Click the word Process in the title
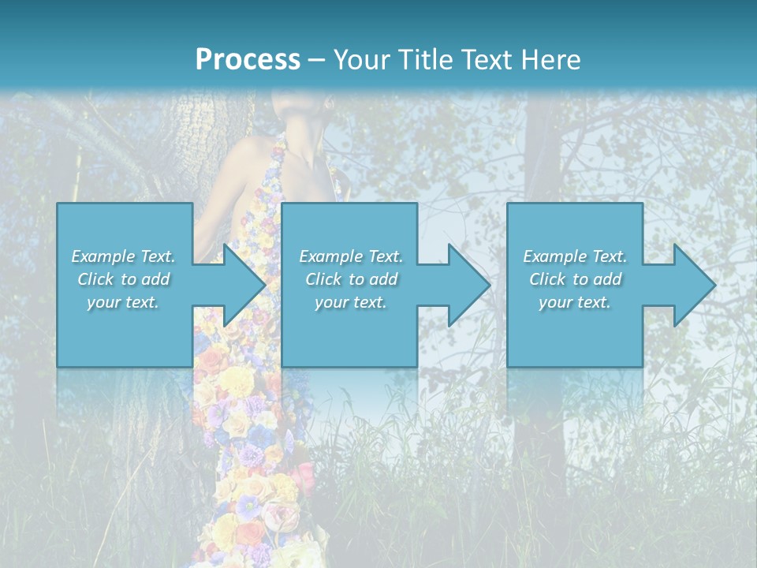click(248, 60)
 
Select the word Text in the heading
click(485, 60)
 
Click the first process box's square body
click(125, 331)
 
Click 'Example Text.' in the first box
click(124, 256)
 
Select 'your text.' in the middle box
click(349, 302)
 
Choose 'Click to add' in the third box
click(575, 279)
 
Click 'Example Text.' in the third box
click(575, 256)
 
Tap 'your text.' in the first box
click(124, 302)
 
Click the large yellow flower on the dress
click(236, 381)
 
